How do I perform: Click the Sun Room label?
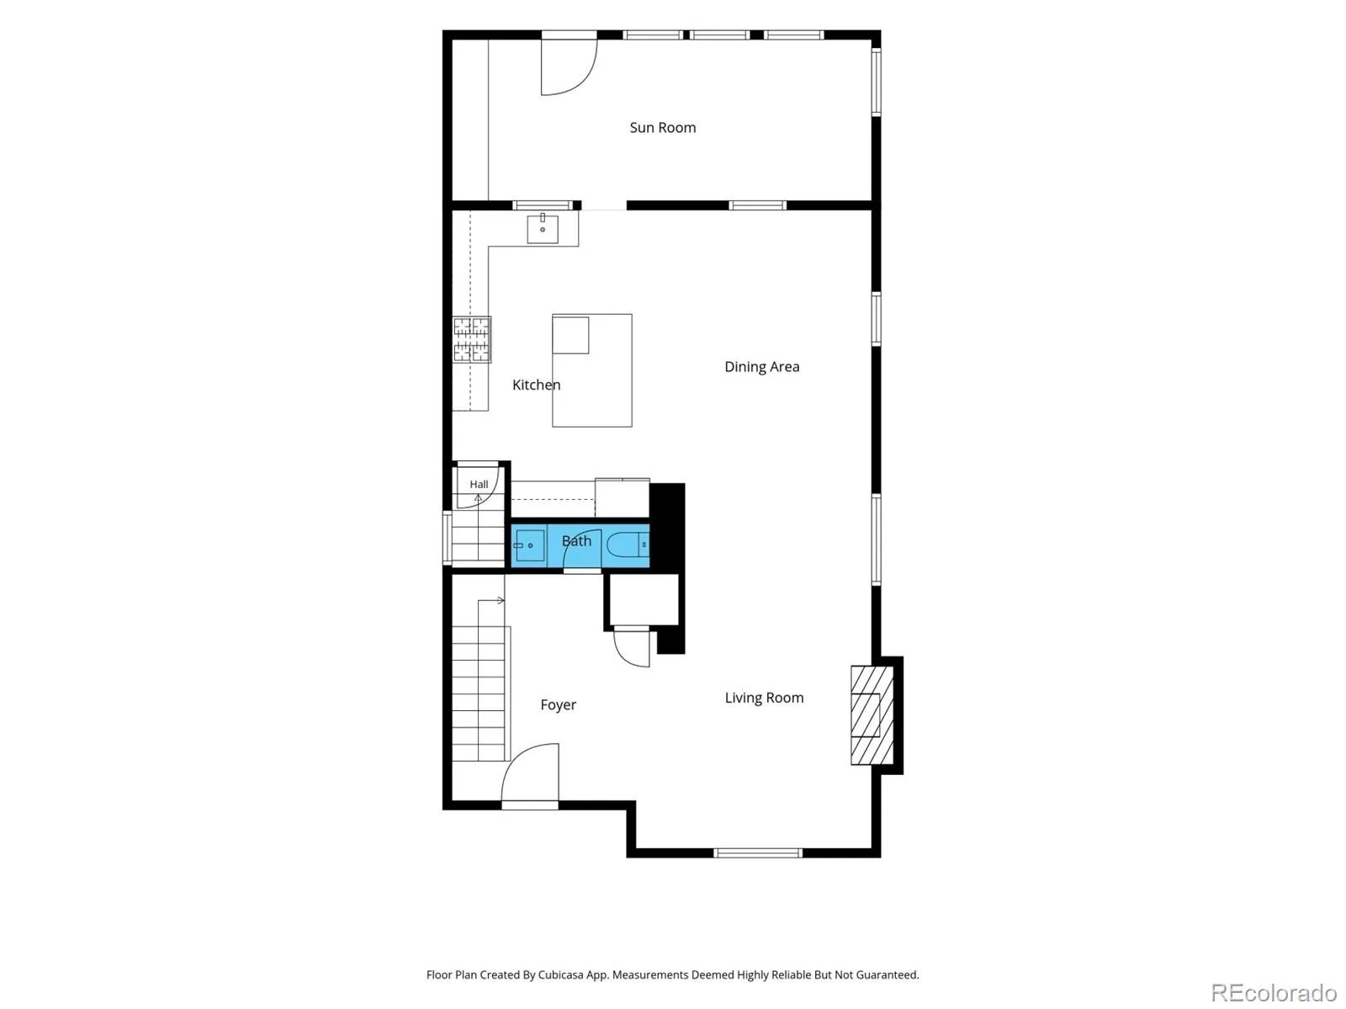click(x=662, y=128)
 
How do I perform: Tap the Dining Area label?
click(x=761, y=367)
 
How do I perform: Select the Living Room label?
click(x=764, y=698)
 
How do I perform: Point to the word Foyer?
click(x=558, y=704)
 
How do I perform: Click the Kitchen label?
click(x=537, y=385)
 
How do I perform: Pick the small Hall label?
click(x=479, y=484)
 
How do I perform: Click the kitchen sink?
click(x=543, y=229)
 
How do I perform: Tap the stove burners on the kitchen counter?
click(x=472, y=339)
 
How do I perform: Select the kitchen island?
click(x=591, y=370)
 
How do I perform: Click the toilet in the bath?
click(x=628, y=544)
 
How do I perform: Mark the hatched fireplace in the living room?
click(x=872, y=715)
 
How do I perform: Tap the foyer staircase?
click(x=479, y=680)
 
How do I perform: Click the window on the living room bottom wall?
click(x=757, y=852)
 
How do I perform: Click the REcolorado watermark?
click(x=1274, y=992)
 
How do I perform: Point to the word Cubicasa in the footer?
click(x=560, y=974)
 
